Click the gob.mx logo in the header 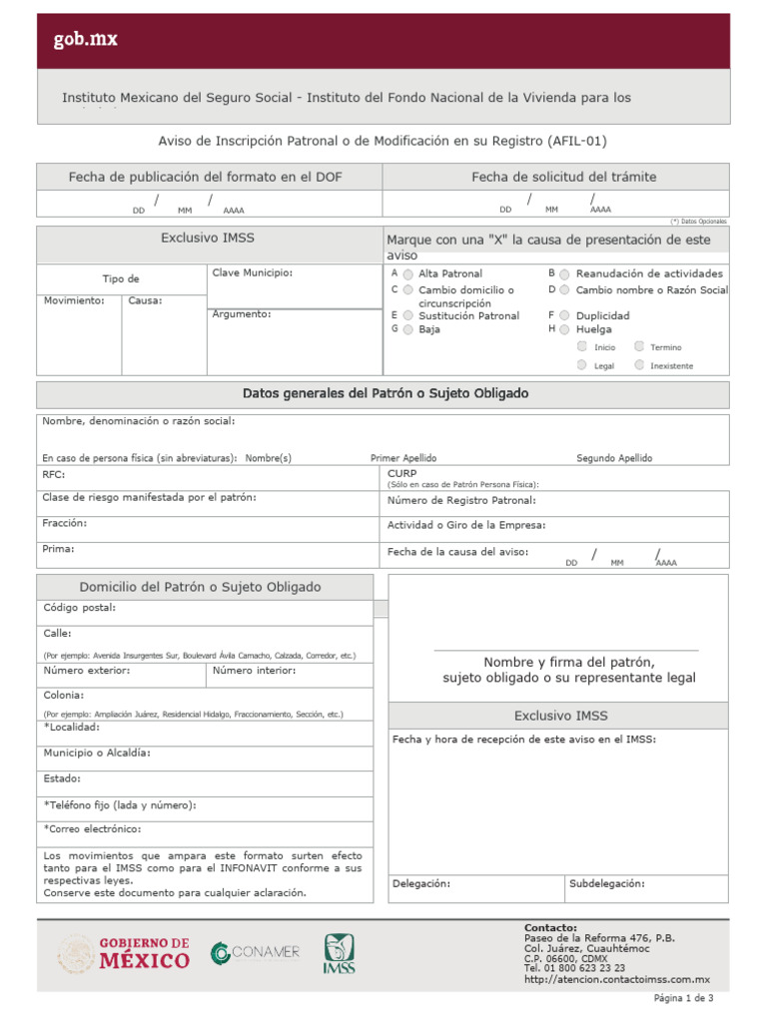click(x=86, y=40)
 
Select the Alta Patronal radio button click(x=408, y=273)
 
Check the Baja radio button click(x=408, y=328)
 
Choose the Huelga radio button click(x=565, y=328)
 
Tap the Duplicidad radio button click(x=565, y=315)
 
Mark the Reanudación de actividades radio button click(x=565, y=273)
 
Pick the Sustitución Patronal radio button click(x=408, y=315)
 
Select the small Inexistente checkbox click(x=639, y=365)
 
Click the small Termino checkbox click(x=639, y=346)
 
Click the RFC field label click(x=53, y=475)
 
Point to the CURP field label click(x=402, y=473)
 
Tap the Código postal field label click(x=79, y=607)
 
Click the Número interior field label click(x=255, y=671)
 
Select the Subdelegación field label click(x=607, y=883)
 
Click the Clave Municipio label click(x=252, y=271)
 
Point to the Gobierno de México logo click(x=124, y=953)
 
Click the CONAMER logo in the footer click(x=255, y=953)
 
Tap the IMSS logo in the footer click(x=339, y=954)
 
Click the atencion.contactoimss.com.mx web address click(x=616, y=979)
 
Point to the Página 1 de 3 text click(x=683, y=998)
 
